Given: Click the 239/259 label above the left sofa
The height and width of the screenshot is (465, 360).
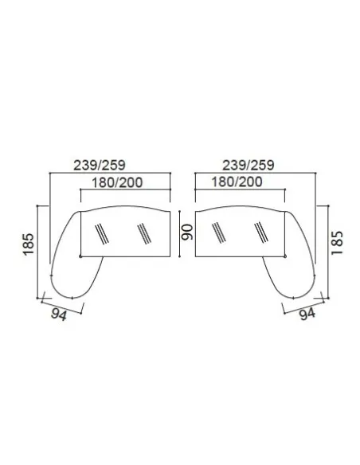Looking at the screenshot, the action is [x=100, y=165].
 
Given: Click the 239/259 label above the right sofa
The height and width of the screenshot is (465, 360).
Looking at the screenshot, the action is [x=248, y=165].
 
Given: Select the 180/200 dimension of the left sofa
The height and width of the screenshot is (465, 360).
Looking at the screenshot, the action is [x=117, y=182].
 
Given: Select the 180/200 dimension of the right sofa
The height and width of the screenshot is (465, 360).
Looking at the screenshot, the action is [x=237, y=182].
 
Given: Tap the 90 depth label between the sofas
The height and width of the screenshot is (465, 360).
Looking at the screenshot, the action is [x=187, y=232].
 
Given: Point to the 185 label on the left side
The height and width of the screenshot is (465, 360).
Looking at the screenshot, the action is [x=29, y=244].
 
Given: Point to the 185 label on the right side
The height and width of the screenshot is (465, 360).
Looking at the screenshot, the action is [x=337, y=243].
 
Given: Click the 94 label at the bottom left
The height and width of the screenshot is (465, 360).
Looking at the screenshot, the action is [x=59, y=314].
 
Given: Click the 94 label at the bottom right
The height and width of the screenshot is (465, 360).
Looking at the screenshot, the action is [x=307, y=314].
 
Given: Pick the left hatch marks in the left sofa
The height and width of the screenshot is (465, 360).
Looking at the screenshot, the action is [x=102, y=234].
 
